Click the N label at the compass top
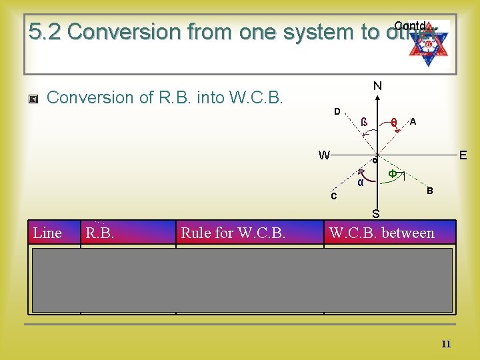tap(377, 86)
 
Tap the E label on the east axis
tap(463, 155)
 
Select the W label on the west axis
tap(324, 155)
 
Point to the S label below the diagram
tap(376, 214)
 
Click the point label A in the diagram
tap(413, 122)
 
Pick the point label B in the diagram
tap(430, 191)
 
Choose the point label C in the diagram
tap(335, 197)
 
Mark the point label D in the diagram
tap(337, 111)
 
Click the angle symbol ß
tap(364, 122)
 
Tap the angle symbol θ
tap(395, 123)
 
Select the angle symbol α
tap(360, 182)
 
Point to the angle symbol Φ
tap(393, 173)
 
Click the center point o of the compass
tap(375, 160)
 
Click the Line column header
tap(47, 233)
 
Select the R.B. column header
tap(99, 233)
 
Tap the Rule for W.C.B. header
tap(233, 233)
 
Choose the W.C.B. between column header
tap(381, 233)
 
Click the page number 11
tap(446, 344)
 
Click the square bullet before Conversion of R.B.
tap(34, 99)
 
